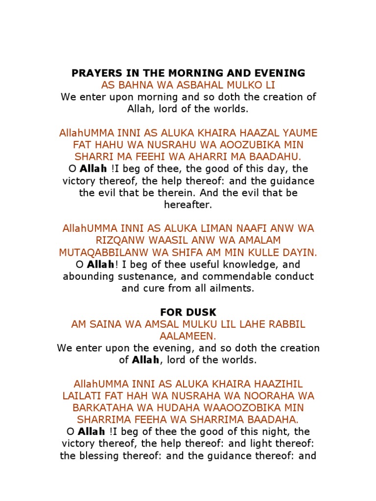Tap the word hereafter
click(188, 205)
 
